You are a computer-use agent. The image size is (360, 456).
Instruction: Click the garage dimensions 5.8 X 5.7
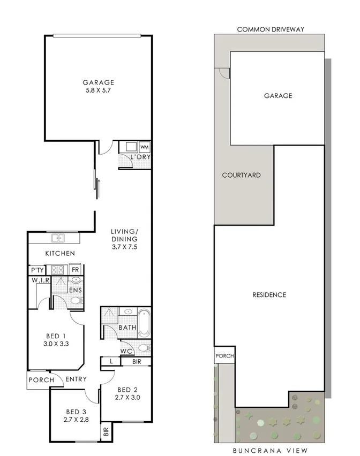pos(98,91)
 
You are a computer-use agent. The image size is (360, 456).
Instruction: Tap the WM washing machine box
pos(144,147)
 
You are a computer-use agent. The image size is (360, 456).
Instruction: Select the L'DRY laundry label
pos(140,157)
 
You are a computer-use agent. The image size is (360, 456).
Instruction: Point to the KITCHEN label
pos(59,253)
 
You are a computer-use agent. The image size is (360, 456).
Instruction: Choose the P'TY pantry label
pos(36,270)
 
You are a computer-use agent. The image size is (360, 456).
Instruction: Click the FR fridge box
pos(75,270)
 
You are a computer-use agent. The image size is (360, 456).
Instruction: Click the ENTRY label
pos(77,379)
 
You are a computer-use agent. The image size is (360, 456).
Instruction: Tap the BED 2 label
pos(127,389)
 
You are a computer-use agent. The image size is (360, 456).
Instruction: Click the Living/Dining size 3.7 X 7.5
pos(124,246)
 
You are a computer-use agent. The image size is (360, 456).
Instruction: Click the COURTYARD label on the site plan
pos(241,175)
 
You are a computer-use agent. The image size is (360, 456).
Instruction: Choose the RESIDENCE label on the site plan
pos(269,295)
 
